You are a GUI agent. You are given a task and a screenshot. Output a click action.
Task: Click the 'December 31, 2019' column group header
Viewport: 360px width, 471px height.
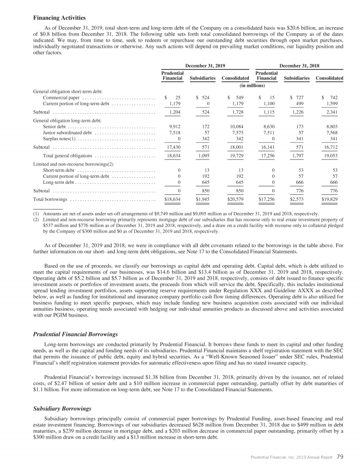(205, 66)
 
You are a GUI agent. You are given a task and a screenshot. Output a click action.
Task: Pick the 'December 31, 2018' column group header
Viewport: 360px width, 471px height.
(299, 66)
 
